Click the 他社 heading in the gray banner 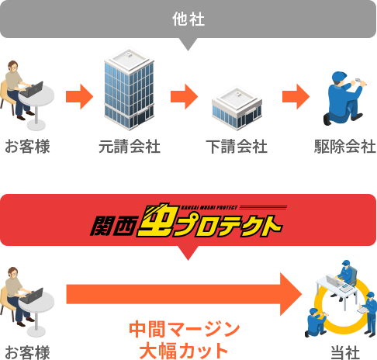coord(188,19)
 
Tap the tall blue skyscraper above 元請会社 coord(129,88)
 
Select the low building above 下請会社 coord(237,108)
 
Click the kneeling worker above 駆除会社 coord(345,99)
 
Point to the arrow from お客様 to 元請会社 coord(79,96)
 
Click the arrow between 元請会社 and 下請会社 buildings coord(184,96)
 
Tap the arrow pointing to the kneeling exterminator coord(296,96)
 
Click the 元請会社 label coord(130,147)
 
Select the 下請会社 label coord(237,147)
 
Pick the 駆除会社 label coord(345,147)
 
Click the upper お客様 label coord(27,147)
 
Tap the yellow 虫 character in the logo coord(157,220)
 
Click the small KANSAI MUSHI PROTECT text coord(209,207)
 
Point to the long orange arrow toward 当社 coord(184,294)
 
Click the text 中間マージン coord(185,329)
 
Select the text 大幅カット coord(184,351)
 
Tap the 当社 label coord(345,352)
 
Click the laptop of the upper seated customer coord(32,89)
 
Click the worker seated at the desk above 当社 coord(348,273)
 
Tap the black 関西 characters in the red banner coord(113,226)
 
